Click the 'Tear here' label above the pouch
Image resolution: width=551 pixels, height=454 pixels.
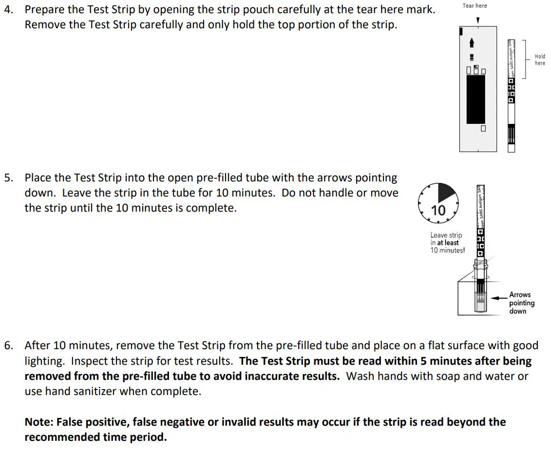pos(475,6)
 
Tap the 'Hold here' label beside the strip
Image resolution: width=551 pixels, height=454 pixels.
pos(540,59)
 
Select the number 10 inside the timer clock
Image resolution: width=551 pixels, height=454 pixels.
pos(438,210)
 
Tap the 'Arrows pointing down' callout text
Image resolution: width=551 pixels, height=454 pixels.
pos(521,303)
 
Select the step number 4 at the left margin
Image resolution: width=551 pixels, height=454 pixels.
pos(8,9)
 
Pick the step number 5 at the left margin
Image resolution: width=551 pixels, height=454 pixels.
pos(8,178)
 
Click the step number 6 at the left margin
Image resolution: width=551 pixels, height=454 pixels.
pos(8,346)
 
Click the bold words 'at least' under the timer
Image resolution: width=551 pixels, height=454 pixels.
pos(448,242)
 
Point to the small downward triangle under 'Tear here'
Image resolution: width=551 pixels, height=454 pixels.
pos(477,20)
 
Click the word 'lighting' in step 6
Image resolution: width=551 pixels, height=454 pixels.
pos(45,361)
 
